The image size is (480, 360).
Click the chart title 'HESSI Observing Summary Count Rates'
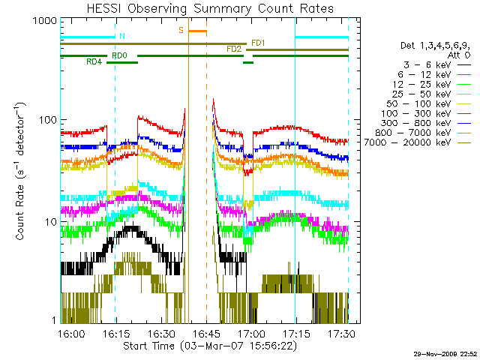[210, 8]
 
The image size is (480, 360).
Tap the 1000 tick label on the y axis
[45, 21]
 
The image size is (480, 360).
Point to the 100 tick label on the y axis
[48, 120]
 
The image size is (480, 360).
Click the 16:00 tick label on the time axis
[71, 333]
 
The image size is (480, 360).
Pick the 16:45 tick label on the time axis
[206, 333]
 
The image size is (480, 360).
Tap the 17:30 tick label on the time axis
[342, 333]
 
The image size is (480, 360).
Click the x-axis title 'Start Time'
[148, 346]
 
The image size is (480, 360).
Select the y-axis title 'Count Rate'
[20, 212]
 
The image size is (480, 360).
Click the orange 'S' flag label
[181, 30]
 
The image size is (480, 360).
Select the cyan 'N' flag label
[122, 37]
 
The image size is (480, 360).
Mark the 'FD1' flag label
[258, 43]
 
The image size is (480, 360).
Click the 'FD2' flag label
[234, 49]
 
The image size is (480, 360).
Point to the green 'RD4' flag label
[94, 61]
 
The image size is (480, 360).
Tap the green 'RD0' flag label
[120, 55]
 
